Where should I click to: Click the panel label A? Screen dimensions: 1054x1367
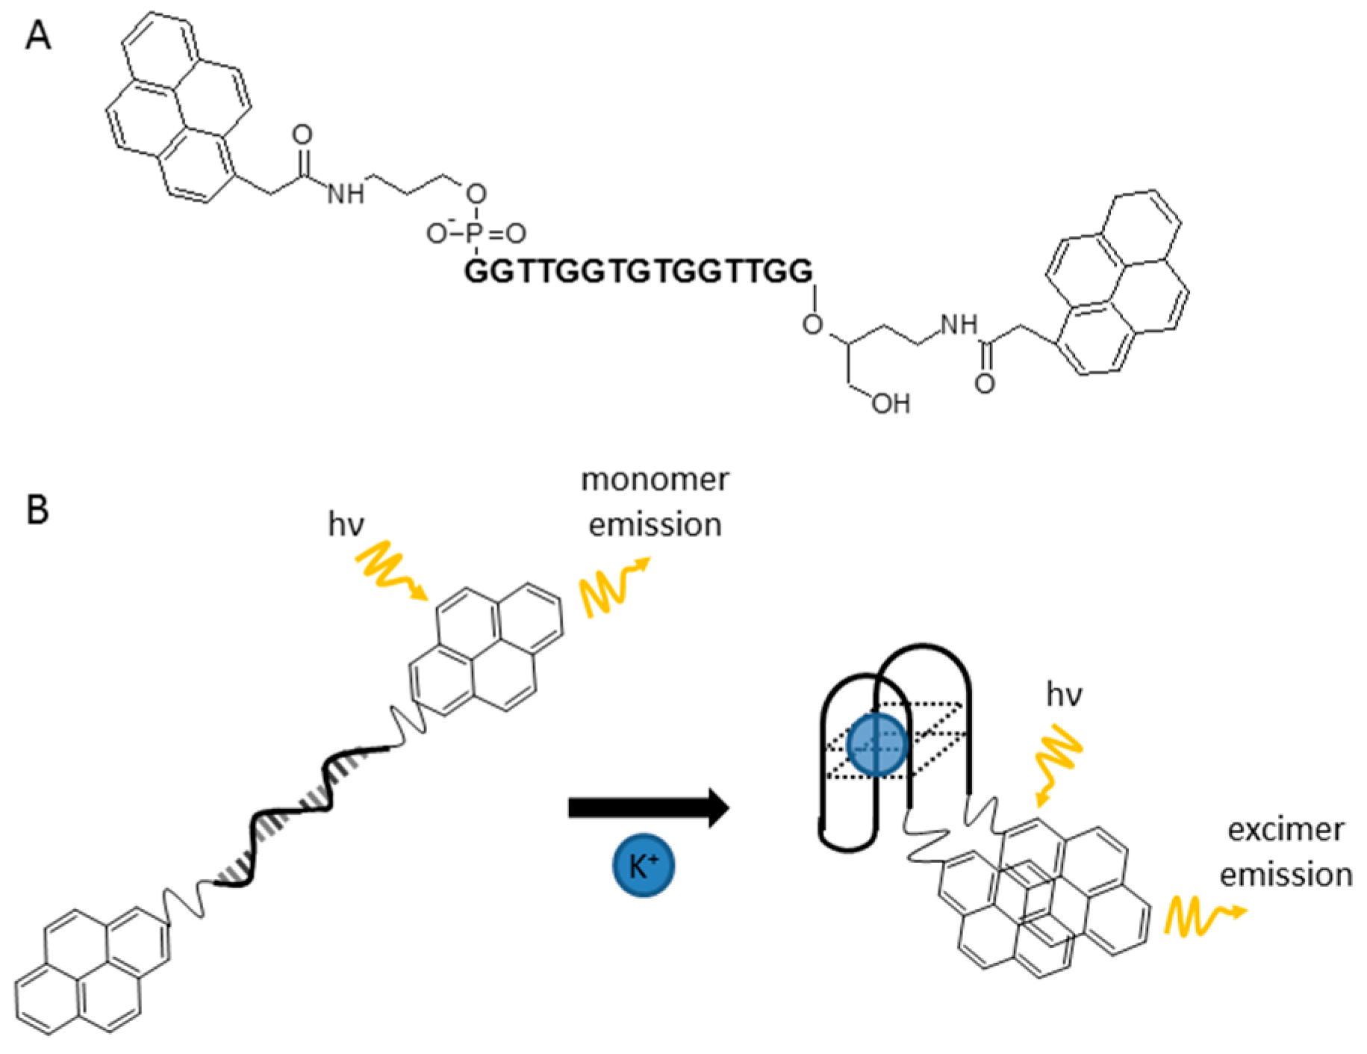click(38, 35)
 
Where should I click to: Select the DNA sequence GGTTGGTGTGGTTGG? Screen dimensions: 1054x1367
click(638, 271)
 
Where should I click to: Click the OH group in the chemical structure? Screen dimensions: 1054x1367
click(891, 404)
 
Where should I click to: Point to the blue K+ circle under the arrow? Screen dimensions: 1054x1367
click(644, 865)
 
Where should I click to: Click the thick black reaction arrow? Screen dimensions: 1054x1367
click(648, 807)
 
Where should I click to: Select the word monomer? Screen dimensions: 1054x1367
click(655, 480)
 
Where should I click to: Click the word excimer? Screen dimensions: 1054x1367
click(1286, 830)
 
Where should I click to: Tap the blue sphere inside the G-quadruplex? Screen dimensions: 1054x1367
click(877, 745)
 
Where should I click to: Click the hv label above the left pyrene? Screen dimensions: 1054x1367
click(346, 524)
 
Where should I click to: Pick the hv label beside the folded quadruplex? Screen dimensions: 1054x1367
click(1064, 695)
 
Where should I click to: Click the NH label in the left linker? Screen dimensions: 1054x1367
click(346, 194)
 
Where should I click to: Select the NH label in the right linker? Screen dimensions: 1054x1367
click(959, 325)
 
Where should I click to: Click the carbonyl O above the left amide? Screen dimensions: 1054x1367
click(302, 135)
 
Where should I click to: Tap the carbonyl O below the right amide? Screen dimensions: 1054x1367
click(985, 384)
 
